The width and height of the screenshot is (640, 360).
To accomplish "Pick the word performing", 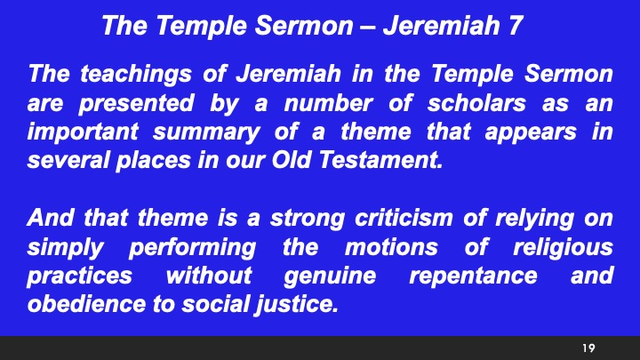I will coord(192,247).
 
